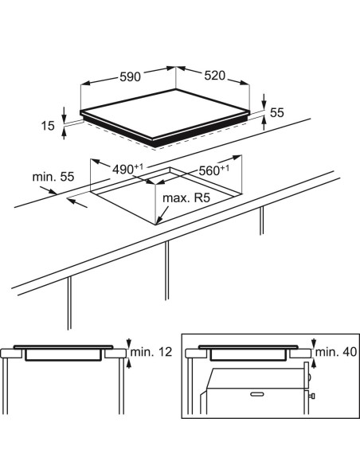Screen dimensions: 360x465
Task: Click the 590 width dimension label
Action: click(130, 76)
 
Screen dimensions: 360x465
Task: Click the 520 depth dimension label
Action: click(215, 76)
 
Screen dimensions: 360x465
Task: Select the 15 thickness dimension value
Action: click(48, 126)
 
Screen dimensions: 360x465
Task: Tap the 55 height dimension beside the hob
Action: click(277, 112)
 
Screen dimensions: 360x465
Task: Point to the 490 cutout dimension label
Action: click(127, 169)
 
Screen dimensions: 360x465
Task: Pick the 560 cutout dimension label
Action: click(213, 170)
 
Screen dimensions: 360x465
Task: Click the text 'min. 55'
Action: click(53, 177)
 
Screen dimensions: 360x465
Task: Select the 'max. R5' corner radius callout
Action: click(186, 197)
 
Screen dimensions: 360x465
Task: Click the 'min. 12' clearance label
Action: click(151, 352)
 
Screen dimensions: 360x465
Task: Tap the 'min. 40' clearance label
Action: click(336, 352)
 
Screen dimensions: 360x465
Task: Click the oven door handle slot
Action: click(257, 394)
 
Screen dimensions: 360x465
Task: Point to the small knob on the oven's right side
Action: click(311, 396)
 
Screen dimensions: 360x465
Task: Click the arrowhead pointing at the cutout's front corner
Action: click(158, 221)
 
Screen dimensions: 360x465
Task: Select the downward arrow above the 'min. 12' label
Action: click(128, 343)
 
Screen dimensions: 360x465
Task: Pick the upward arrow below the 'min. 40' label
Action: click(314, 364)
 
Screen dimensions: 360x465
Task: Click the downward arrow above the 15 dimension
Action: click(64, 115)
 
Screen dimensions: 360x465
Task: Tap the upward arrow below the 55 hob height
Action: click(264, 123)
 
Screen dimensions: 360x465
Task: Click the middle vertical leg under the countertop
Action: click(167, 270)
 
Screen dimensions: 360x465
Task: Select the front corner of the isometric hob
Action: click(153, 139)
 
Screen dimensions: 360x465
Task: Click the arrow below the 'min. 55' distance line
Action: click(77, 203)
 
